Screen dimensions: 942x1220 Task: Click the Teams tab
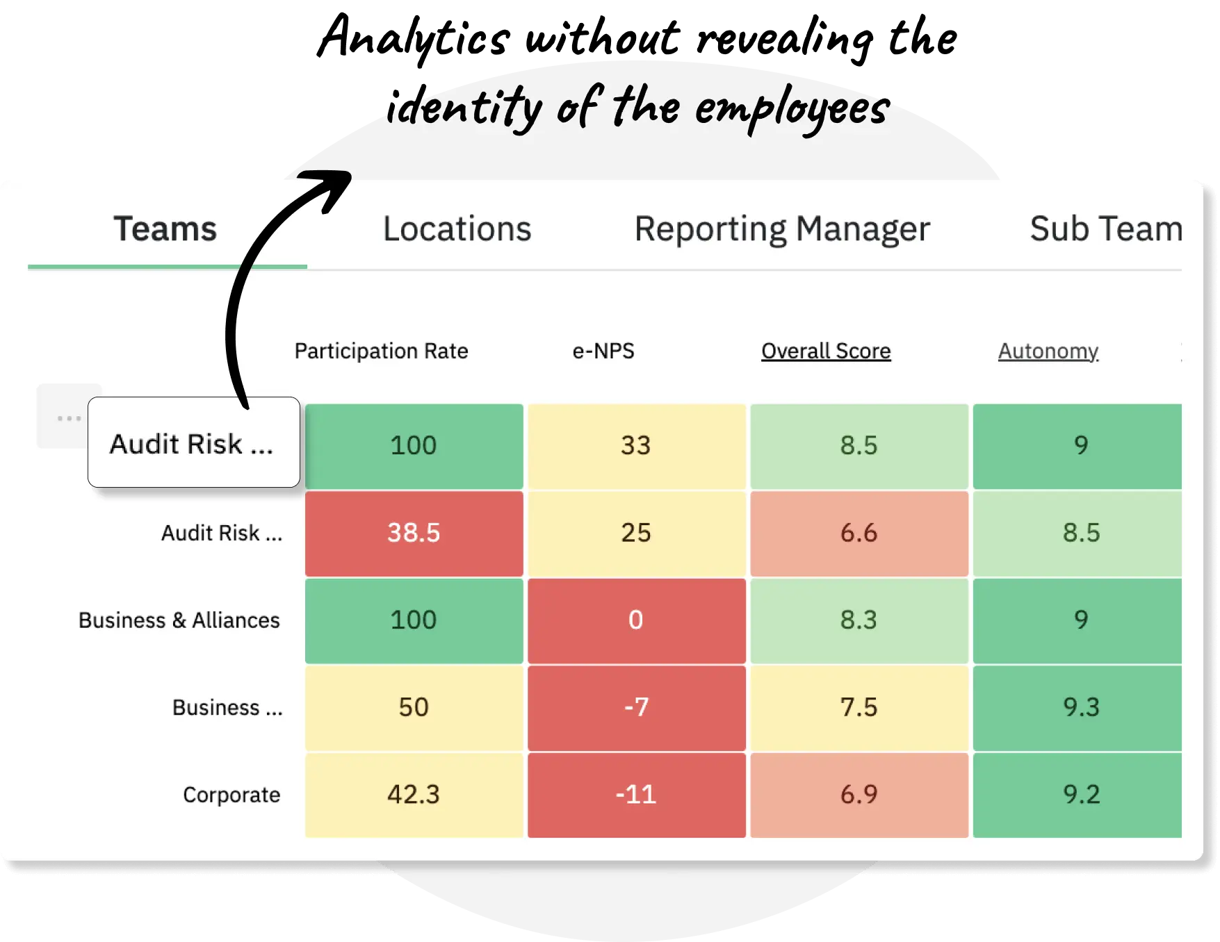[x=165, y=229]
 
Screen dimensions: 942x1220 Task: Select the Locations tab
[x=457, y=229]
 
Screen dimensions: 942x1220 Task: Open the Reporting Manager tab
[x=782, y=229]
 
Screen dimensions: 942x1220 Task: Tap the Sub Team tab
[x=1105, y=229]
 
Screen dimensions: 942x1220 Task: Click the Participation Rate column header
[x=381, y=351]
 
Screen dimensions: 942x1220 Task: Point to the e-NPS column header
[x=603, y=351]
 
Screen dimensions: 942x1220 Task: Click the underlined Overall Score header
[x=826, y=351]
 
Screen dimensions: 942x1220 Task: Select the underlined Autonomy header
[x=1048, y=351]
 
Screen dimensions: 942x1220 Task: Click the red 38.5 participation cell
[x=414, y=533]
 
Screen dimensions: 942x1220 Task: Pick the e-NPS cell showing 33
[x=636, y=445]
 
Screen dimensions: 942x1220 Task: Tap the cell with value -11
[x=636, y=795]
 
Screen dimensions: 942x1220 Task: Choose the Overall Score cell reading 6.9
[x=859, y=795]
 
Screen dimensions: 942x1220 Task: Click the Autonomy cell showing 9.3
[x=1081, y=707]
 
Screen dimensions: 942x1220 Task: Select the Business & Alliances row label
[x=179, y=620]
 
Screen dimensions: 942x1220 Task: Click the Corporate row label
[x=231, y=795]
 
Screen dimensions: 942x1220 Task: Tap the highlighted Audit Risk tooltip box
[x=193, y=443]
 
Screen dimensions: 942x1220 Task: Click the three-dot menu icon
[x=69, y=418]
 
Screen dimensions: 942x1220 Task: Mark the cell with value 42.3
[x=414, y=795]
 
